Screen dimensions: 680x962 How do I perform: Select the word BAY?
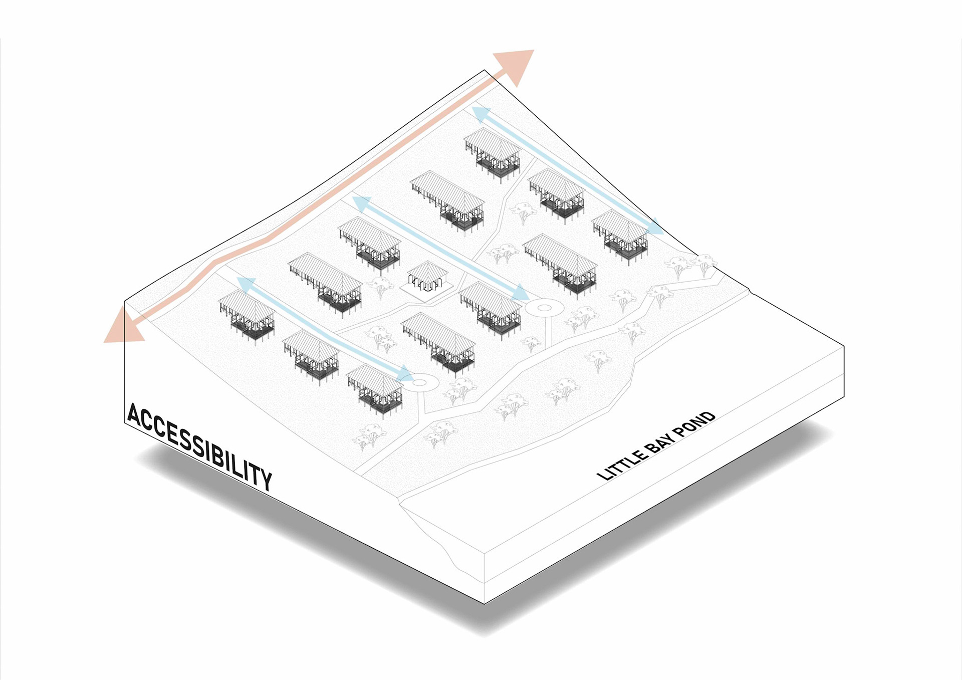tap(662, 441)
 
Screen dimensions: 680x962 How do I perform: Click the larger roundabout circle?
tap(544, 308)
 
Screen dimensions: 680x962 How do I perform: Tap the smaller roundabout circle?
tap(419, 383)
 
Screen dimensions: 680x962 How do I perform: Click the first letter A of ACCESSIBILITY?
tap(134, 415)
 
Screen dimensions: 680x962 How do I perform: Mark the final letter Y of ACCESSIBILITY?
tap(266, 478)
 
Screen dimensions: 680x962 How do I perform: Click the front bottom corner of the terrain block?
tap(485, 603)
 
